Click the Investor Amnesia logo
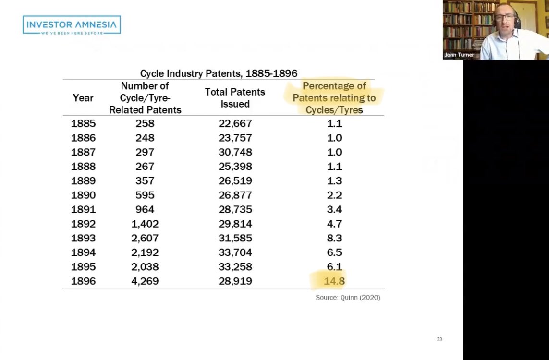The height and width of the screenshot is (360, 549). [72, 25]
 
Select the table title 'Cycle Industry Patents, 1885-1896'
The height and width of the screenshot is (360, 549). [219, 73]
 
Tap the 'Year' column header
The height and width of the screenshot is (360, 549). [83, 98]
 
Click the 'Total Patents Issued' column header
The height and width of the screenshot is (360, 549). [235, 98]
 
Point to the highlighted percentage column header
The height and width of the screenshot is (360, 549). [334, 98]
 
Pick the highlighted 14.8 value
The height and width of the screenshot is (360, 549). [334, 281]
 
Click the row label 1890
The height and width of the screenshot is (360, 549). [83, 195]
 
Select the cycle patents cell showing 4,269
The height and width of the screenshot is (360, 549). [145, 281]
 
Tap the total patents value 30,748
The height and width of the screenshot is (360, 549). [235, 152]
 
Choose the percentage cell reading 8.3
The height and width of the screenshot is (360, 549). [334, 238]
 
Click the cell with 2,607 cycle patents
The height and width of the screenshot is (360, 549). [145, 238]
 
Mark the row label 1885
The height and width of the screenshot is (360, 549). [83, 123]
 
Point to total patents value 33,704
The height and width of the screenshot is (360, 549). [235, 252]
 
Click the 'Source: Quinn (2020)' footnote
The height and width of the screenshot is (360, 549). [348, 298]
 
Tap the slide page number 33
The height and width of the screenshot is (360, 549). [439, 339]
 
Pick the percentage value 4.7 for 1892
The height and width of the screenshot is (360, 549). [334, 224]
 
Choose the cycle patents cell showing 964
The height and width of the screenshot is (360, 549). [145, 210]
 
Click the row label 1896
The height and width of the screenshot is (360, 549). [83, 281]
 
